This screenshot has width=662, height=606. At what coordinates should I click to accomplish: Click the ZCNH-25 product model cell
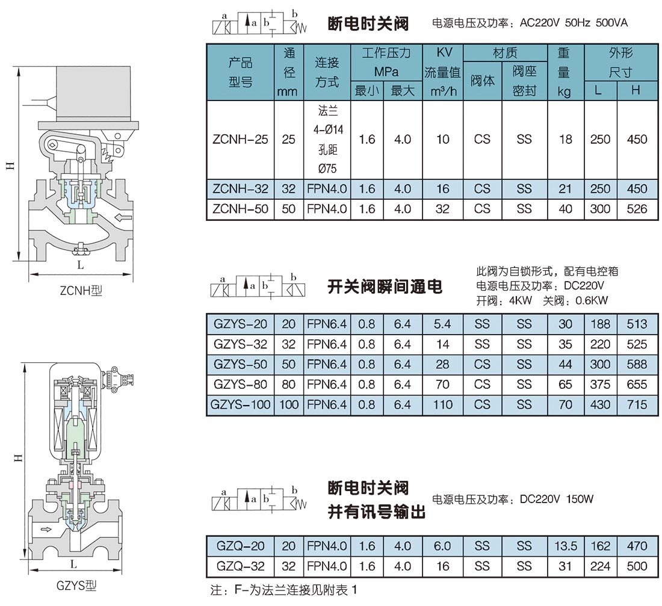point(240,140)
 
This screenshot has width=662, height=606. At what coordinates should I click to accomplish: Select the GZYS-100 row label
point(240,404)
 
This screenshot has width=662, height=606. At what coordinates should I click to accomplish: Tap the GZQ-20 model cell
point(240,546)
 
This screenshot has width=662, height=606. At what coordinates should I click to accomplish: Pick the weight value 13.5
point(565,546)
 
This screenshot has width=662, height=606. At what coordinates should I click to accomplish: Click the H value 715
point(637,404)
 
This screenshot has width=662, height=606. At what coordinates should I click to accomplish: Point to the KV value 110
point(442,404)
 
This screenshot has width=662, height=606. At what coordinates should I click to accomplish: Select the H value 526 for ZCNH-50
point(637,209)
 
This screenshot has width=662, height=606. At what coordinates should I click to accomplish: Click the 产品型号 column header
point(240,72)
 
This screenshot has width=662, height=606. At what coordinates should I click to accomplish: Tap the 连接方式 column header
point(327,72)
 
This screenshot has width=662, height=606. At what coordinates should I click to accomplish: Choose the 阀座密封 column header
point(524,81)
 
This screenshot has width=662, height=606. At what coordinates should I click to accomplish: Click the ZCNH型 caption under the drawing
point(81,291)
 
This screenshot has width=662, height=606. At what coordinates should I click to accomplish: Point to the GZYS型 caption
point(76,586)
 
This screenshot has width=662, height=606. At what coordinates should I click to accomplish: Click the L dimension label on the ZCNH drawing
point(80,265)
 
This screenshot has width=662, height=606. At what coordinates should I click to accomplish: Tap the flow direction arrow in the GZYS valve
point(46,530)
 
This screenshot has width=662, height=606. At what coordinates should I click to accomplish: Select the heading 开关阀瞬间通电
point(385,286)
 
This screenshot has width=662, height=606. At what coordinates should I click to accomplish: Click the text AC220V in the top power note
point(539,22)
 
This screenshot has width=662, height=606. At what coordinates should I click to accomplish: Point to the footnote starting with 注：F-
point(283,590)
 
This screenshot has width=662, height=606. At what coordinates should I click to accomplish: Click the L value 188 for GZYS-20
point(601,324)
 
